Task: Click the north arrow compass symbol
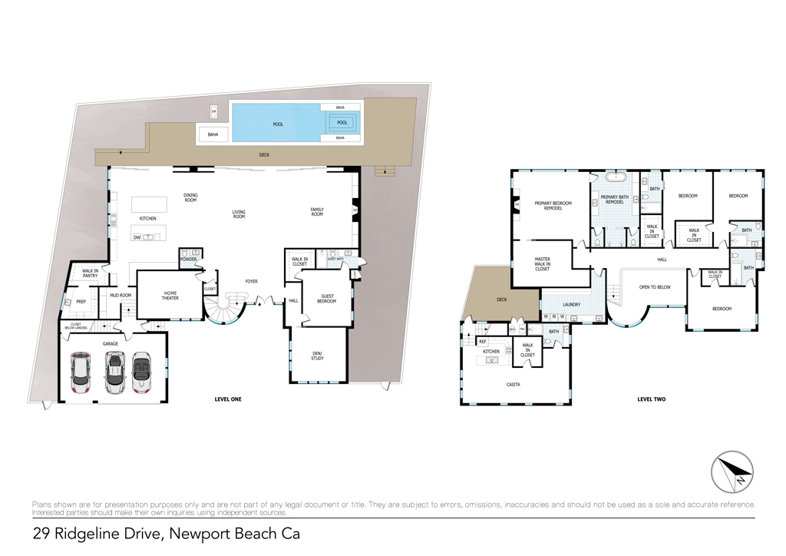[732, 472]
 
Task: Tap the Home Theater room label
[170, 296]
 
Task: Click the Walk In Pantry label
[90, 273]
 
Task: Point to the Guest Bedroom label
[327, 299]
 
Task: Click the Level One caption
[228, 399]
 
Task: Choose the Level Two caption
[651, 399]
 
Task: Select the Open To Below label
[655, 287]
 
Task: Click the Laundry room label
[571, 304]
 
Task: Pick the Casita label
[514, 384]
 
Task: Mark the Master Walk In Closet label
[542, 264]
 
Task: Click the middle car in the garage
[114, 369]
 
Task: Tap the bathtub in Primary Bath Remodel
[617, 177]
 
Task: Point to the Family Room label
[317, 212]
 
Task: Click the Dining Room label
[190, 197]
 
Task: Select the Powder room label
[189, 260]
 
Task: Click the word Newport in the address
[206, 533]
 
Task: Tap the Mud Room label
[121, 295]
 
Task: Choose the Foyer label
[251, 282]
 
